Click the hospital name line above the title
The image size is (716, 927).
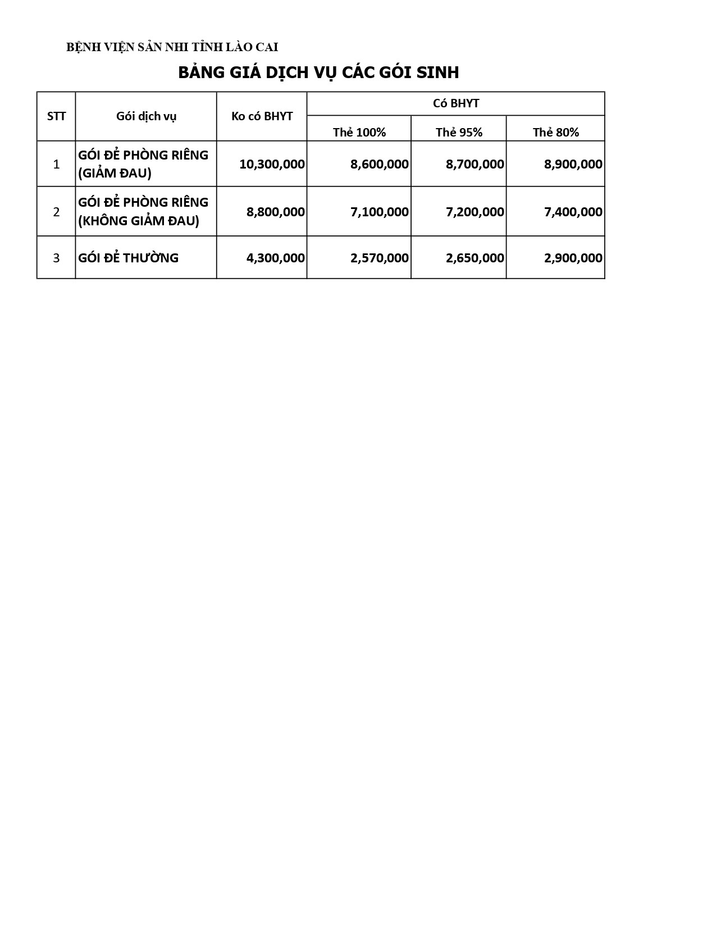tap(172, 47)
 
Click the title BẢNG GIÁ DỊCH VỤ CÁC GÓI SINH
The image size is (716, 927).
tap(318, 72)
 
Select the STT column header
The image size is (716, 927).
tap(56, 116)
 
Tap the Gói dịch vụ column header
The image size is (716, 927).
tap(146, 116)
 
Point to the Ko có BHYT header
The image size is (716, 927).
tap(262, 116)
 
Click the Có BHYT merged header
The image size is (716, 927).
tap(455, 103)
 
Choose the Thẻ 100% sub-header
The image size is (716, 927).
tap(359, 133)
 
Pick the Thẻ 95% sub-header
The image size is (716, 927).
tap(459, 133)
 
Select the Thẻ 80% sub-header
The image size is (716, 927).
tap(555, 133)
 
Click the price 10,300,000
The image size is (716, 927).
tap(272, 164)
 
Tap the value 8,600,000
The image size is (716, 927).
tap(379, 164)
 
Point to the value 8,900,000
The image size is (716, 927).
tap(573, 164)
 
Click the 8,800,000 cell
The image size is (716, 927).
tap(275, 212)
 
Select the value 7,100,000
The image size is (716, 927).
tap(379, 212)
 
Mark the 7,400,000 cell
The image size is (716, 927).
tap(573, 212)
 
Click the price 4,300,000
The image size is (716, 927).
tap(275, 258)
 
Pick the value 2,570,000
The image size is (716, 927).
tap(379, 258)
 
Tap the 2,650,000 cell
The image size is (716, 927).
tap(475, 258)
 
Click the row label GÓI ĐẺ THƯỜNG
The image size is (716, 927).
tap(128, 258)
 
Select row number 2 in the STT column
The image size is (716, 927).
tap(56, 212)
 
